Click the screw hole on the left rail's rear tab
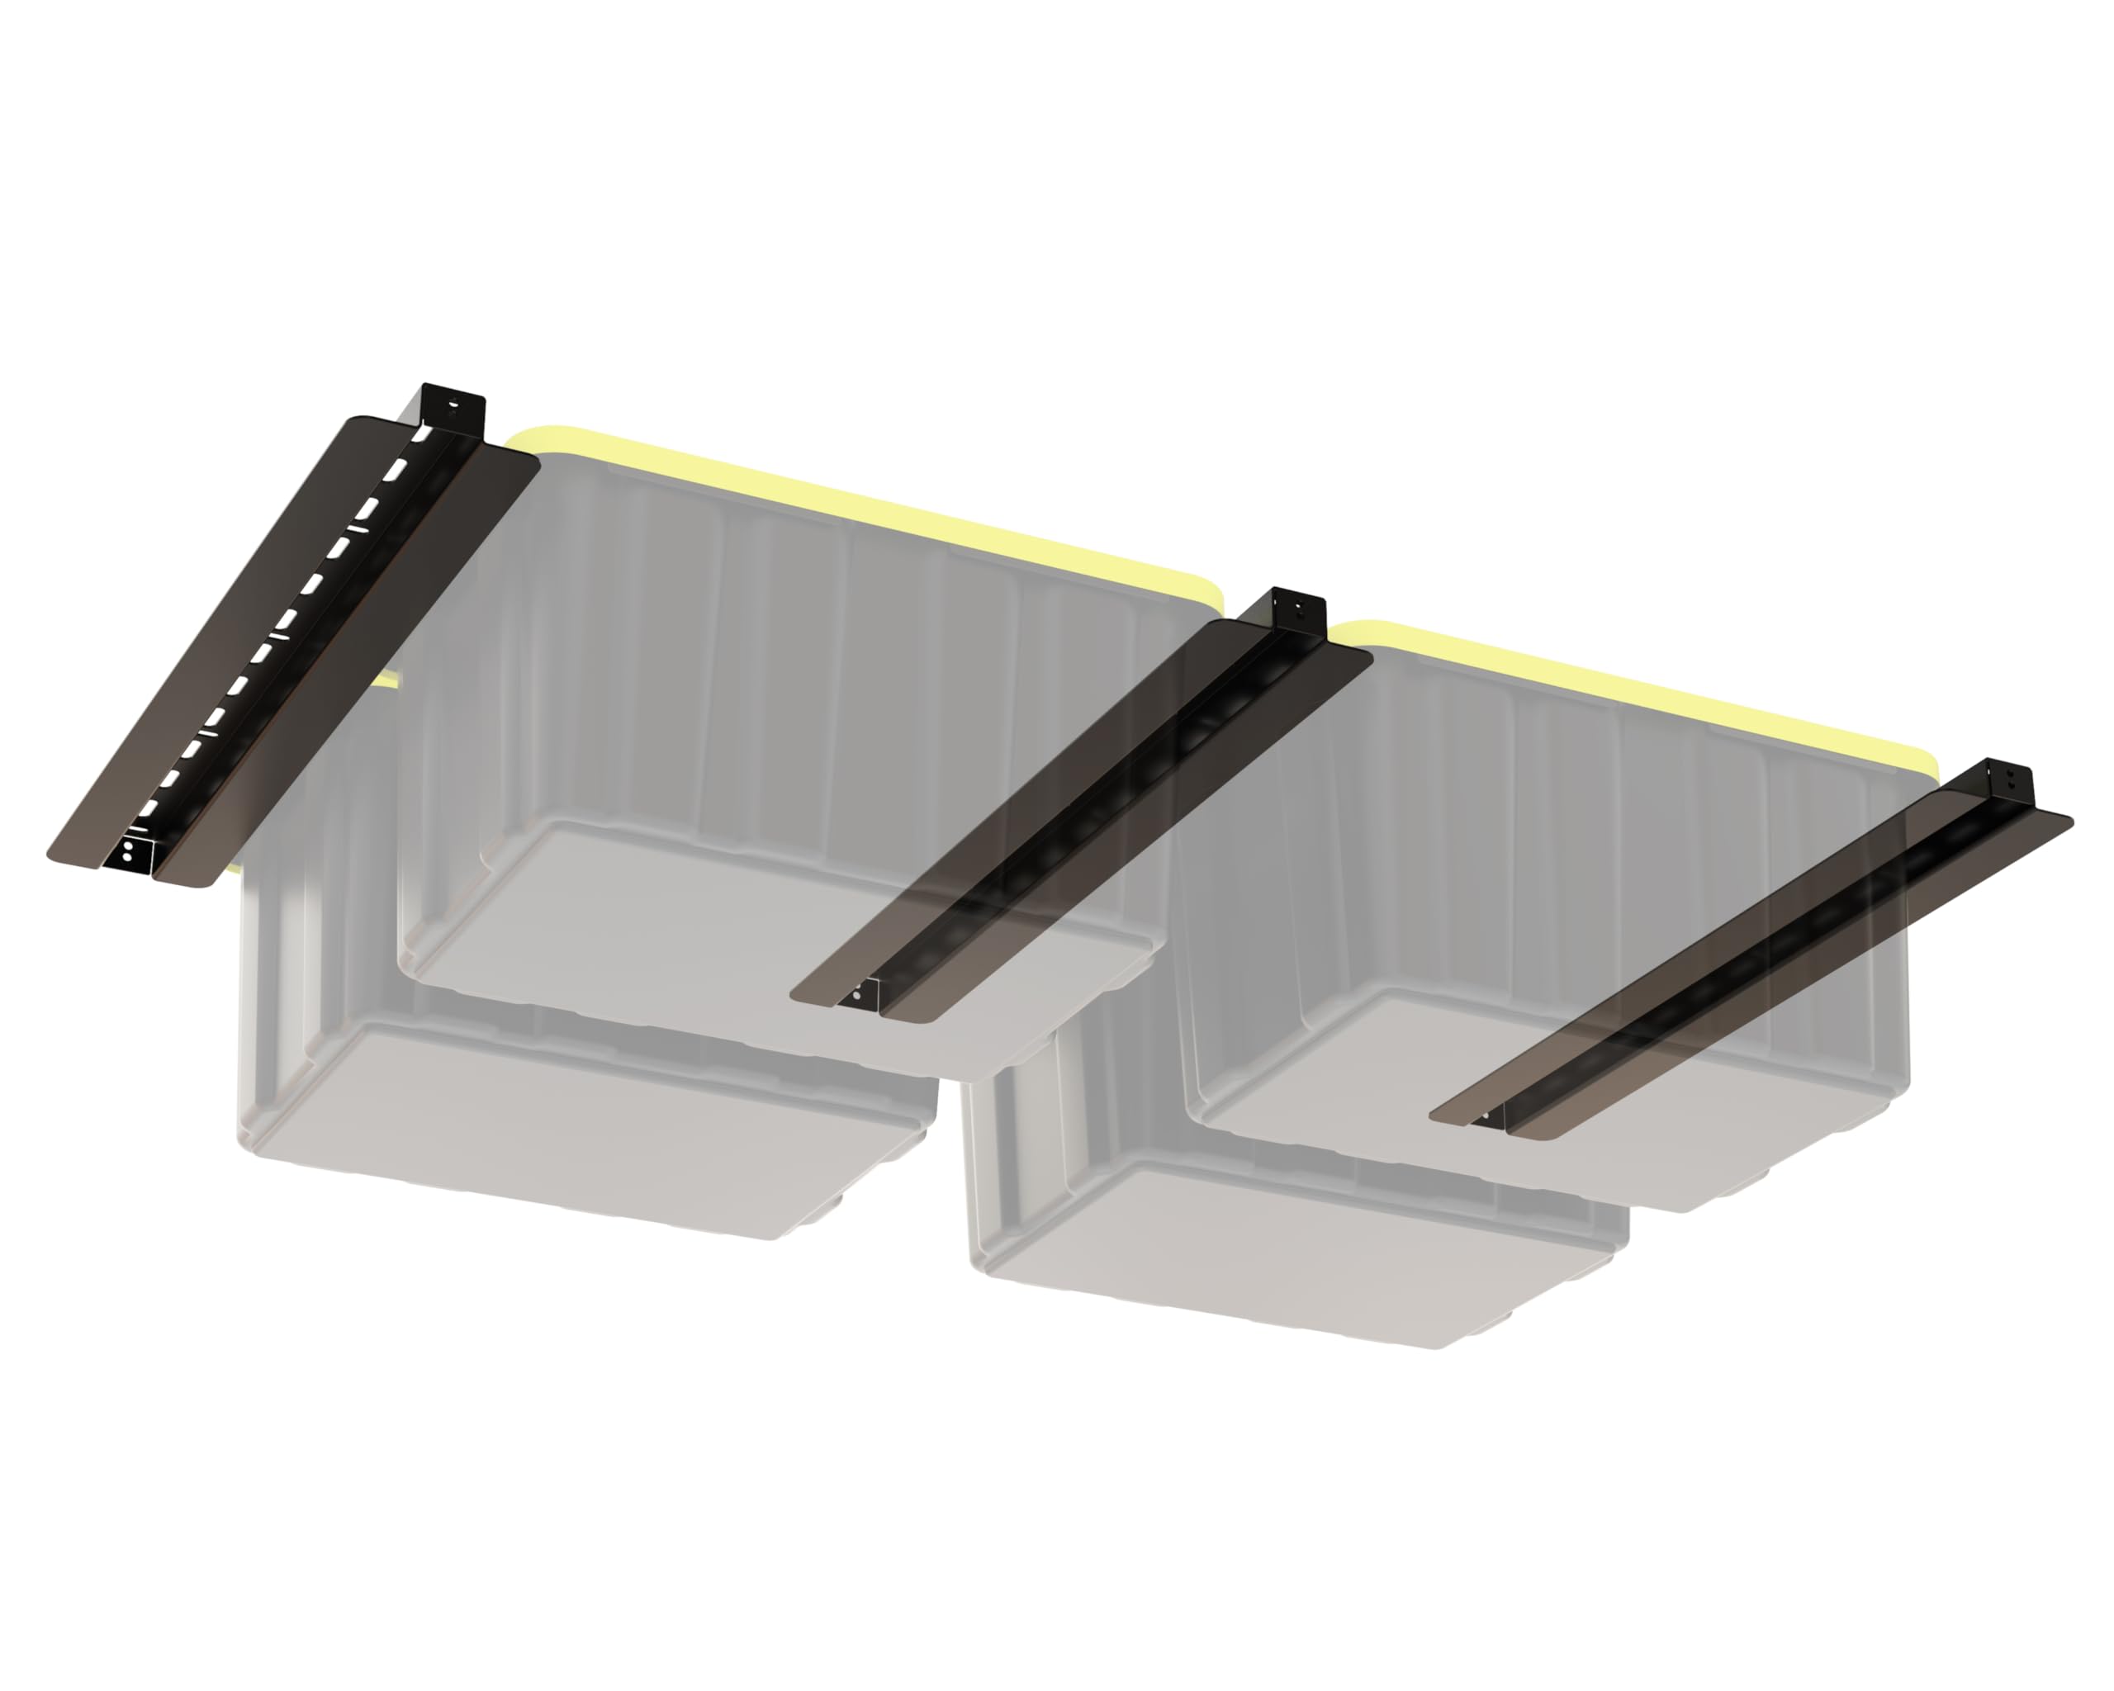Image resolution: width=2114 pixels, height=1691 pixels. point(453,403)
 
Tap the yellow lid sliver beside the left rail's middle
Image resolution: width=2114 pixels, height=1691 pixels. point(391,680)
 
